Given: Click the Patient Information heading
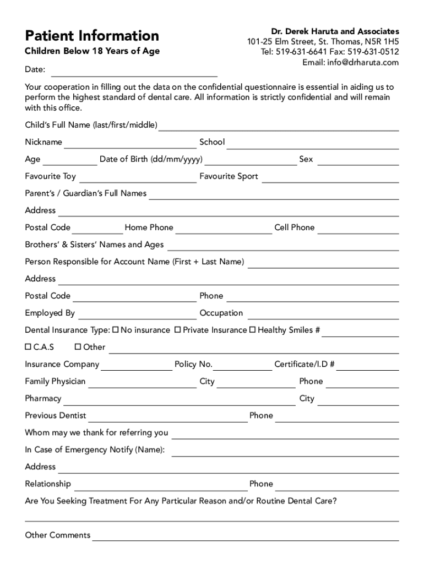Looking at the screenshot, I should point(92,36).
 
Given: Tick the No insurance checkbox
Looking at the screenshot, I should point(116,330).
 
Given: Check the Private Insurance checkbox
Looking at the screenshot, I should point(178,330).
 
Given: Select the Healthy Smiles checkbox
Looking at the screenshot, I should point(253,330).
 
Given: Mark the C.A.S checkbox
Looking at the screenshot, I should point(28,347).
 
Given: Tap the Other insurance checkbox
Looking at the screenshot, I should point(78,347).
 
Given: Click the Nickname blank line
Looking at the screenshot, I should point(131,147).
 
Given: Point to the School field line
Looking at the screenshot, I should point(313,147).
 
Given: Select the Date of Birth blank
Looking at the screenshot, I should point(251,164).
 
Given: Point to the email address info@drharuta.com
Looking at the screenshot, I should point(350,62).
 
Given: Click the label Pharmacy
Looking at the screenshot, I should point(43,398).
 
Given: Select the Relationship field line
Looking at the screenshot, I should point(160,489).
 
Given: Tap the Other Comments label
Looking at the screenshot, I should point(58,535).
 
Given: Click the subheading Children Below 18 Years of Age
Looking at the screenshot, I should point(92,51).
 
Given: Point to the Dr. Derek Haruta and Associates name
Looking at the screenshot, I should point(335,31).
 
